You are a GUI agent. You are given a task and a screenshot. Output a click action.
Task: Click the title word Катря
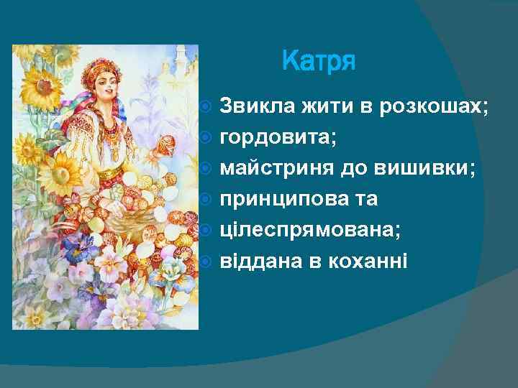tap(319, 61)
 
